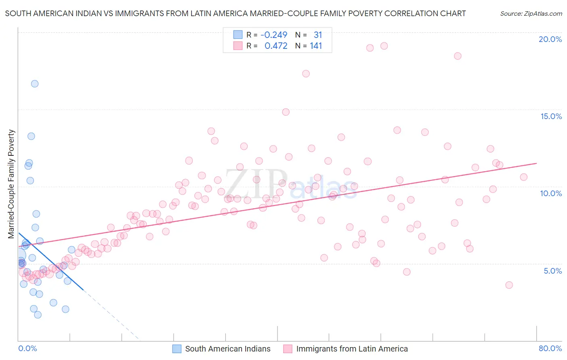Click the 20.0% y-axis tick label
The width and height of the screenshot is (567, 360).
click(x=550, y=39)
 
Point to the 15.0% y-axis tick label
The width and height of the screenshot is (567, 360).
click(x=551, y=116)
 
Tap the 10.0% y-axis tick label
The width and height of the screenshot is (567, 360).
click(x=551, y=193)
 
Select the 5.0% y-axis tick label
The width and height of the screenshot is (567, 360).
click(x=552, y=271)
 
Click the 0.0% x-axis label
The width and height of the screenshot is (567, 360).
click(x=27, y=348)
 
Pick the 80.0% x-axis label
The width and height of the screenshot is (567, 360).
click(x=550, y=348)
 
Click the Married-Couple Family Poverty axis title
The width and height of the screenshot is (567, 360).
click(x=11, y=184)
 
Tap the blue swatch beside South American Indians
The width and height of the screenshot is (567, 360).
click(x=177, y=349)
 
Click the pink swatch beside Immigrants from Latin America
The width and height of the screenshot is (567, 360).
click(x=288, y=349)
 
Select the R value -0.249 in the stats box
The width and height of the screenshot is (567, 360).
click(x=274, y=35)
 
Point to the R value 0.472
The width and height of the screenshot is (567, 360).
click(x=276, y=46)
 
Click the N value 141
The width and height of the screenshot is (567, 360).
click(x=316, y=46)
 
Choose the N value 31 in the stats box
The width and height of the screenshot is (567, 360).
click(x=318, y=35)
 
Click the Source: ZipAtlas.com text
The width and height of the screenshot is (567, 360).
click(x=531, y=13)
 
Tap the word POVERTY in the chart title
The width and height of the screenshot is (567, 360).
click(x=365, y=13)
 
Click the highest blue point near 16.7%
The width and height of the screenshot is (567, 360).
click(x=35, y=84)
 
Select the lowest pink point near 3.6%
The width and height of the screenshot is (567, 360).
click(x=509, y=285)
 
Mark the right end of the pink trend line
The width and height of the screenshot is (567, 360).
click(x=537, y=163)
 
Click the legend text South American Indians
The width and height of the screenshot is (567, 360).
click(x=228, y=349)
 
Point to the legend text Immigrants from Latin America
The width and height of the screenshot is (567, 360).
click(x=352, y=349)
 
